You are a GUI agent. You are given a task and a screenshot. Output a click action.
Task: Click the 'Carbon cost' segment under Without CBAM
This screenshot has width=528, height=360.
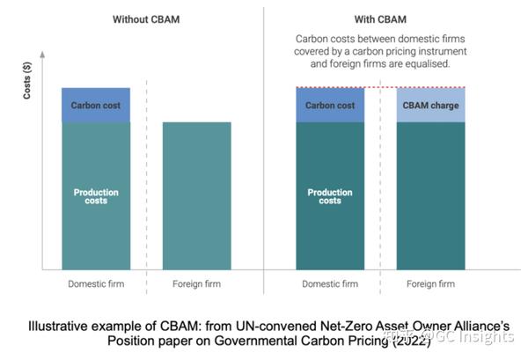[x=96, y=106]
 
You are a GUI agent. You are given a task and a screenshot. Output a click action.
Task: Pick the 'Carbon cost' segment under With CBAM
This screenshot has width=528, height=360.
[x=330, y=106]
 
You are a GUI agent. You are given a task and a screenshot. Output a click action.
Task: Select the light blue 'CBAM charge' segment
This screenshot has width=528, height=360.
[x=431, y=106]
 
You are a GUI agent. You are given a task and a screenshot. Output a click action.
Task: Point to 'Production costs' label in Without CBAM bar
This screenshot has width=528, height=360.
[x=96, y=195]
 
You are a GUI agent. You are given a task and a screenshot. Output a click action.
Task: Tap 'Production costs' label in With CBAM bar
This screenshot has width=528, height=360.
[x=330, y=195]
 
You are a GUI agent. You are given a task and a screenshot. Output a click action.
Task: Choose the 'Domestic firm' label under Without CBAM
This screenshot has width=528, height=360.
[x=96, y=284]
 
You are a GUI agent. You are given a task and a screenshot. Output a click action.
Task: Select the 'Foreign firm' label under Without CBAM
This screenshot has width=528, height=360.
[x=197, y=284]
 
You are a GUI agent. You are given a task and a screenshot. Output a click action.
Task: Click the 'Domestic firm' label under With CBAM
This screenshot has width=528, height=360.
[x=330, y=284]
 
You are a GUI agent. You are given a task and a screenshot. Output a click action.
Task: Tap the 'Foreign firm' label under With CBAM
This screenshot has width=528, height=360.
[x=431, y=284]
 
